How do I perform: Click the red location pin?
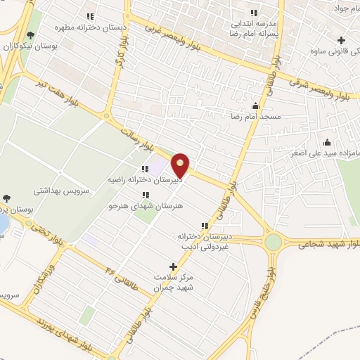(x=181, y=165)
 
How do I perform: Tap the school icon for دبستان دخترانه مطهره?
(x=90, y=16)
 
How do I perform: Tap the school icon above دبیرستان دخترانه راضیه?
(x=144, y=169)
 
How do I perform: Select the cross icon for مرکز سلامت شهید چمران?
(x=173, y=266)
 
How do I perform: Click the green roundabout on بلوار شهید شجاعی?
(x=273, y=243)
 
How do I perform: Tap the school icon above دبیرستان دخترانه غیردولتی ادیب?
(x=205, y=226)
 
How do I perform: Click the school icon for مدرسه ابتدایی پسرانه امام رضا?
(x=254, y=12)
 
